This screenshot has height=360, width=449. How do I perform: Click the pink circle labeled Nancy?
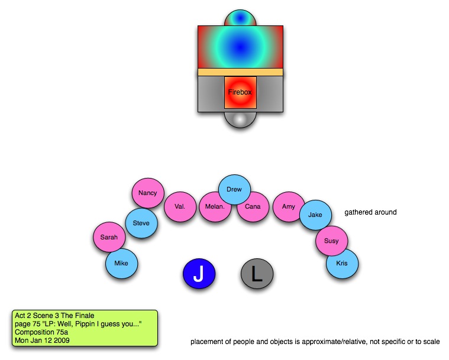coord(147,193)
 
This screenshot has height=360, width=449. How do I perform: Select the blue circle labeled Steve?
coord(141,223)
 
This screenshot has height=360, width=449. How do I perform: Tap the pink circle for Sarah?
coord(109,238)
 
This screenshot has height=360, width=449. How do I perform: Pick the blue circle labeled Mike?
coord(121,264)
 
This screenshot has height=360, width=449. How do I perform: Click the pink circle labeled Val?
coord(180,207)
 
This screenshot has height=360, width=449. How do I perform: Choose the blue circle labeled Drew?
coord(234,190)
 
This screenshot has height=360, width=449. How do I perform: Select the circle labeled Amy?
coord(289,207)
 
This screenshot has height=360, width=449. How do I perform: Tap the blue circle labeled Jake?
coord(315,215)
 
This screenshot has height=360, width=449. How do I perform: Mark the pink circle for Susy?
coord(331,241)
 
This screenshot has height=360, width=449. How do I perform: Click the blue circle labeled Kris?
coord(342,263)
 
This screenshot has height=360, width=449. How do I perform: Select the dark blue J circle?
coord(198,274)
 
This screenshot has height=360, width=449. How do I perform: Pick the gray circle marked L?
coord(257,274)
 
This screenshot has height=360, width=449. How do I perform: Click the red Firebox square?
coord(240,93)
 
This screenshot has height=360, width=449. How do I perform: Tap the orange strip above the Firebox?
coord(240,72)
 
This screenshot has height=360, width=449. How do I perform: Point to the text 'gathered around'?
coord(370,212)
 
